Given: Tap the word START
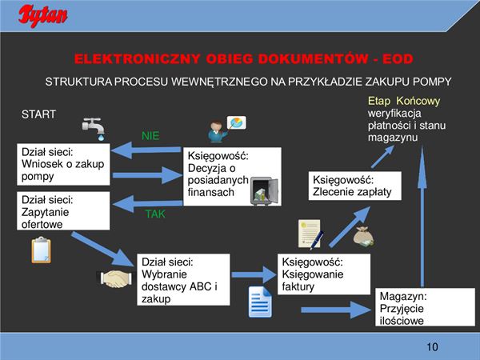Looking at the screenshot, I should click(x=38, y=114).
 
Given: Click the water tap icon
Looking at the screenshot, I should click(x=94, y=128).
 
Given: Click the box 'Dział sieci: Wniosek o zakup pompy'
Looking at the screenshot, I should click(x=62, y=163).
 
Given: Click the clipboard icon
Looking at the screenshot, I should click(x=41, y=250).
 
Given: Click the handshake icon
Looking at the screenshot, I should click(x=117, y=278).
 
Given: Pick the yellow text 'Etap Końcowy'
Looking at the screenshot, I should click(x=404, y=102).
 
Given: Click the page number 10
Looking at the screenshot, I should click(x=433, y=346).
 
